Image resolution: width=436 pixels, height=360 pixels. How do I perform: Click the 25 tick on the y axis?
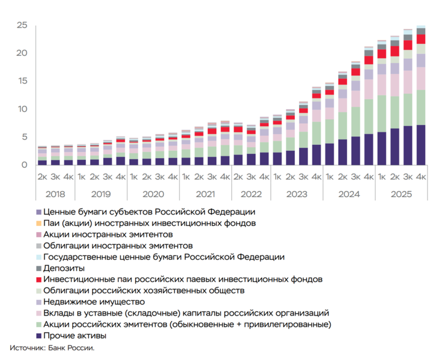tap(22, 25)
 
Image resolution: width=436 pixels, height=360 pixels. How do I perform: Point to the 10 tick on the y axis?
tap(22, 109)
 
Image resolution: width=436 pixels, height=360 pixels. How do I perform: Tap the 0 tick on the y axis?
tap(25, 165)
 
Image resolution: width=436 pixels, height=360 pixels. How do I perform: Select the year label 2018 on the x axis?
tap(55, 194)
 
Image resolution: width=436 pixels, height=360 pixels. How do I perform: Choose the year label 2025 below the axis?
tap(401, 194)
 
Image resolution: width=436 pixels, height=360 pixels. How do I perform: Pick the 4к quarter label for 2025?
tap(421, 177)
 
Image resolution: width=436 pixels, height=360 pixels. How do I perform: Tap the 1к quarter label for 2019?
tap(81, 177)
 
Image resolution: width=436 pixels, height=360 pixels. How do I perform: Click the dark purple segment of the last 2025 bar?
tap(421, 144)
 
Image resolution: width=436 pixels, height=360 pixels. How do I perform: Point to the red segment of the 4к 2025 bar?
tap(421, 39)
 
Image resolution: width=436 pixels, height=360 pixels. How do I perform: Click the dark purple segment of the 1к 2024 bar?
tap(330, 154)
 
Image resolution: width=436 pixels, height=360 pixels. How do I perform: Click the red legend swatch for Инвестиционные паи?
tap(38, 279)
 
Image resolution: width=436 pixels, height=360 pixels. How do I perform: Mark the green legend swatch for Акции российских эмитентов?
tap(38, 325)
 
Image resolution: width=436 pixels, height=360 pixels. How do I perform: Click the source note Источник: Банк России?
tap(52, 348)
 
